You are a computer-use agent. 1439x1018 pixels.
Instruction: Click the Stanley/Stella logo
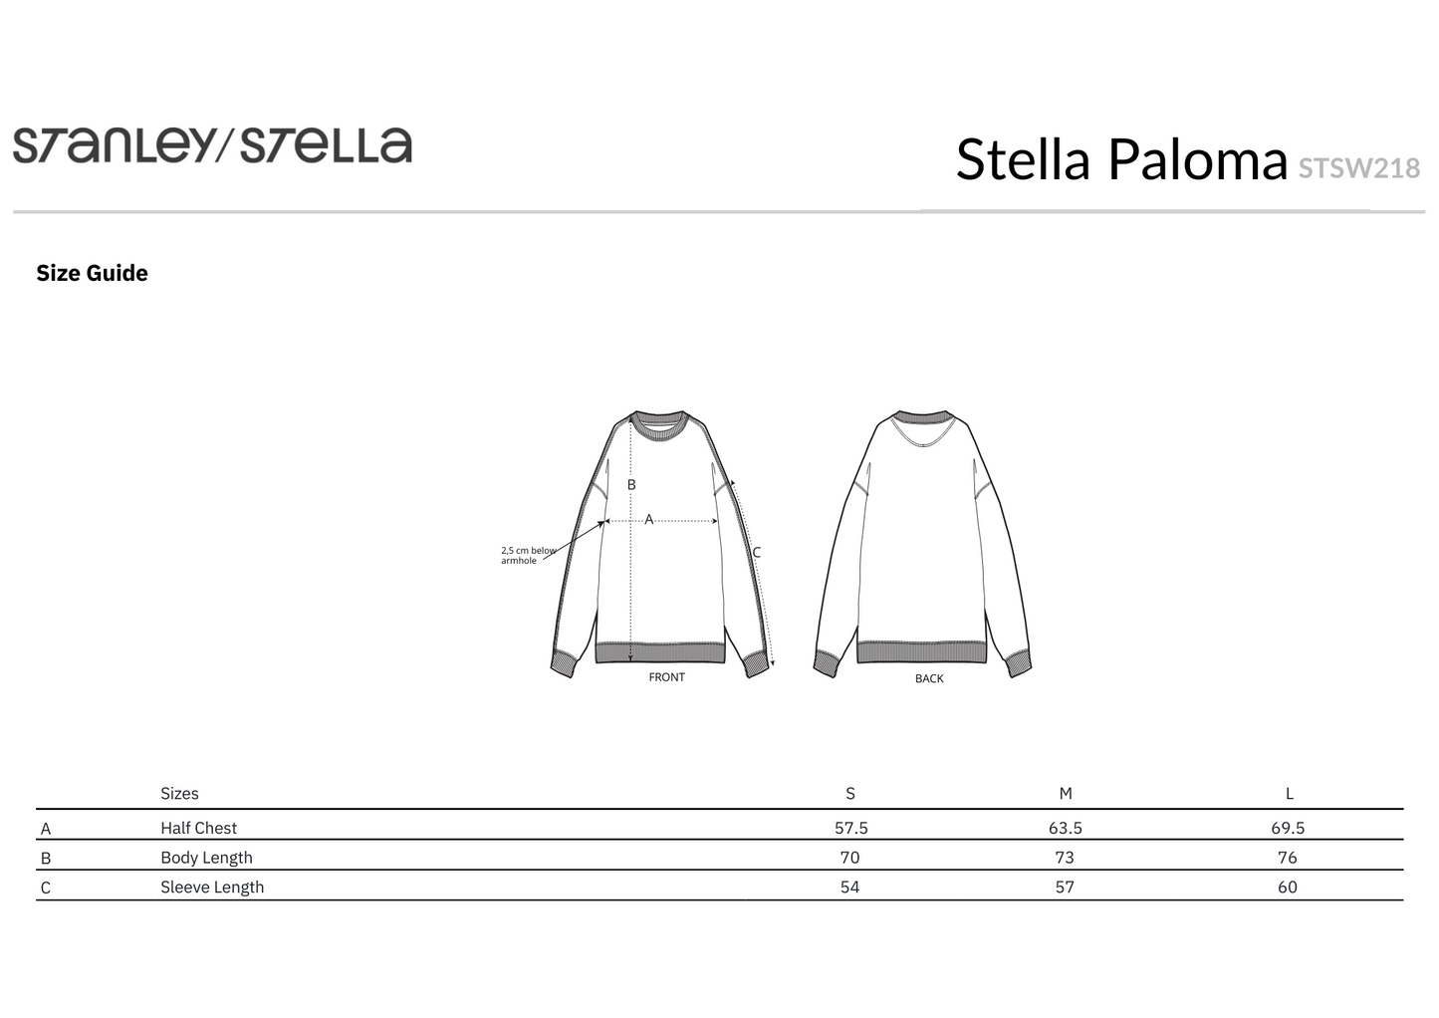[213, 145]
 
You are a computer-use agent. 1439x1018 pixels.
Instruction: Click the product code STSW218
[1358, 168]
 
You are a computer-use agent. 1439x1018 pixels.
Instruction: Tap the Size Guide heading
[92, 273]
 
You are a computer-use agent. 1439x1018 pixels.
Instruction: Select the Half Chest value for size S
[850, 828]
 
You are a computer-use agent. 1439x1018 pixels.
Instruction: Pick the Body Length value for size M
[1065, 858]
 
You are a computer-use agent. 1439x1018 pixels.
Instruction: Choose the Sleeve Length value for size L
[1288, 887]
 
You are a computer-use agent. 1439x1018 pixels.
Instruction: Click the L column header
[1289, 794]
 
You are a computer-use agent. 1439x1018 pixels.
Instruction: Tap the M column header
[1066, 794]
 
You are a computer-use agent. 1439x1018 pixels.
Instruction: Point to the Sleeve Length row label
[212, 887]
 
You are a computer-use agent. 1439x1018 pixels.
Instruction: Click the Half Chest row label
[198, 828]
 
